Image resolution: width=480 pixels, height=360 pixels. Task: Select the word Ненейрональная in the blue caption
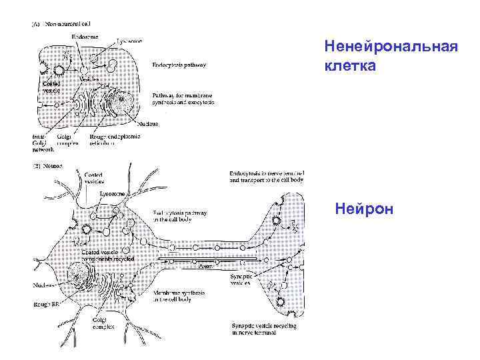[x=390, y=48]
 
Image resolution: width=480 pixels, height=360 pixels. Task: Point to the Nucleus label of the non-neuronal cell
[x=147, y=123]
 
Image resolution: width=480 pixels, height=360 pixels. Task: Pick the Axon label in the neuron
[x=207, y=265]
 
